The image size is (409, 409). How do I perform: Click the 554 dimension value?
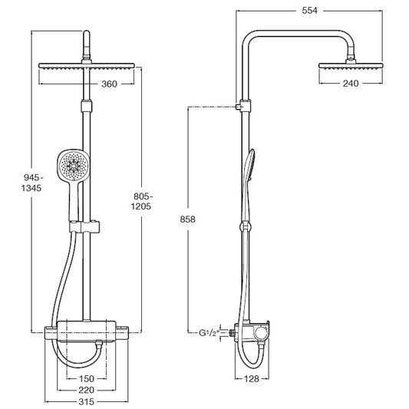[309, 11]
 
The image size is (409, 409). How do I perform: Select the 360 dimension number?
[109, 84]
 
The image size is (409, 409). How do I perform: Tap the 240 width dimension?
[351, 84]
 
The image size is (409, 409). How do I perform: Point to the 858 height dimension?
[187, 219]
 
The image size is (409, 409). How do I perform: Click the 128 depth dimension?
[252, 379]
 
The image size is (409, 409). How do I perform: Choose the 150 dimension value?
[87, 378]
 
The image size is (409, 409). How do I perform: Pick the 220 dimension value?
[87, 390]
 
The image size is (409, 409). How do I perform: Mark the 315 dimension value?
[87, 401]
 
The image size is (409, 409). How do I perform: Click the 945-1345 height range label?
[31, 183]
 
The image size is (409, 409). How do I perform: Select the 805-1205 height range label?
[141, 201]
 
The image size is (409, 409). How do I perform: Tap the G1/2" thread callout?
[208, 333]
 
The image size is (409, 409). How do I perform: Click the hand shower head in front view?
[74, 166]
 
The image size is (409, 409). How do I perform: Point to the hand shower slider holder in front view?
[84, 227]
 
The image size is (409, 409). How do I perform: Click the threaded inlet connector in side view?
[232, 332]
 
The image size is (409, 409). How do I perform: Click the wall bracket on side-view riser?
[243, 106]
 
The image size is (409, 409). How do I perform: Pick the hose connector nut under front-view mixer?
[98, 344]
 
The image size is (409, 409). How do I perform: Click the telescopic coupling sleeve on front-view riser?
[87, 106]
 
